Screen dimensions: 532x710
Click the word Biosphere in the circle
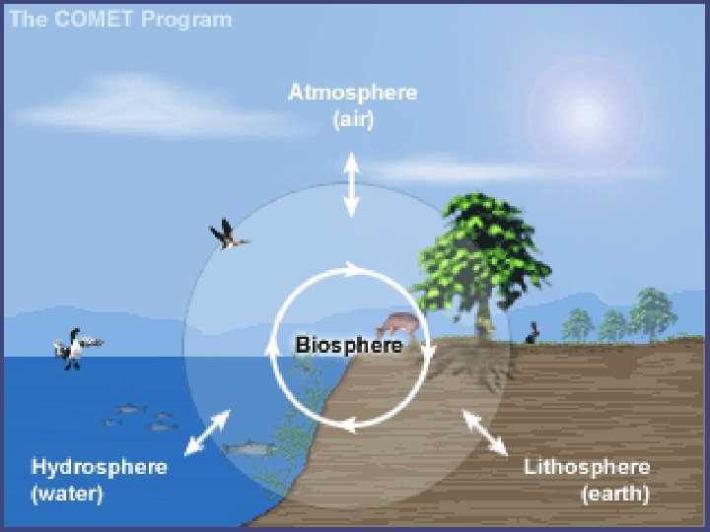(349, 346)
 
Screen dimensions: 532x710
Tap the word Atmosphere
(352, 93)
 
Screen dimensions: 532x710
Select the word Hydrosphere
(99, 466)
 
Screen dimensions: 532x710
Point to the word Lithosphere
(586, 466)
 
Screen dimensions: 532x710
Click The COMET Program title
(121, 19)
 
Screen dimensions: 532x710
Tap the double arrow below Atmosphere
(351, 185)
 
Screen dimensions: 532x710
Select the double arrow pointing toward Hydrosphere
(207, 432)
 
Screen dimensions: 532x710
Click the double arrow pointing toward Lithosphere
(485, 432)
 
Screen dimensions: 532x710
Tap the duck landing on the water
(75, 348)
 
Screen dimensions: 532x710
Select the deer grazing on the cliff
(396, 323)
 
